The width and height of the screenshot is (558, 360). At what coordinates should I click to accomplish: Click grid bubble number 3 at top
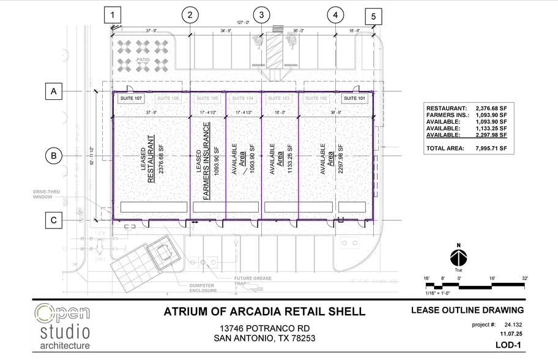tap(262, 14)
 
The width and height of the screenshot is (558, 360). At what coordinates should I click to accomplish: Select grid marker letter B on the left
tap(54, 156)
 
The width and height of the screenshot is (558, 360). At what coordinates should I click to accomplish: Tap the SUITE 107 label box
tap(130, 98)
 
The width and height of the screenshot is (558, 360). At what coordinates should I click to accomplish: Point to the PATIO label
tap(143, 59)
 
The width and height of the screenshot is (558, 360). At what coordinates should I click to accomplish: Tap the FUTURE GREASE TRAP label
tap(251, 282)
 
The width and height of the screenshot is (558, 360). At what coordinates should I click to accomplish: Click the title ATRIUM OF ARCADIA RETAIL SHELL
tap(264, 312)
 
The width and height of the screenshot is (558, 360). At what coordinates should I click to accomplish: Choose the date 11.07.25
tap(511, 334)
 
